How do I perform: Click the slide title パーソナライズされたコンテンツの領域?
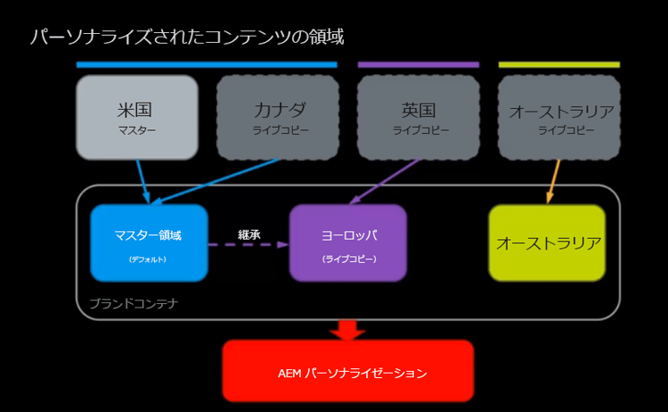[x=187, y=37]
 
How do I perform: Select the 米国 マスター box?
[x=136, y=117]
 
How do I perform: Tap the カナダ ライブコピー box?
[x=277, y=117]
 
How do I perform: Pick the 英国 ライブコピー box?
[x=418, y=117]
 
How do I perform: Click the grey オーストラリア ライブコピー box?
[x=559, y=117]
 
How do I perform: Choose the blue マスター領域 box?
[x=149, y=243]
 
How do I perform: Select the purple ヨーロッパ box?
[x=348, y=243]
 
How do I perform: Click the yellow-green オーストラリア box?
[x=547, y=243]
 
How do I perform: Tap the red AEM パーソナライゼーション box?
[x=347, y=371]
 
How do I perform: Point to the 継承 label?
[x=248, y=234]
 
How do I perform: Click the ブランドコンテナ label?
[x=134, y=303]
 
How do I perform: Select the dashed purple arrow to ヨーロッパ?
[x=248, y=243]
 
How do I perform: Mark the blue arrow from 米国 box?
[x=143, y=181]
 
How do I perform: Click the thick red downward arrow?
[x=347, y=329]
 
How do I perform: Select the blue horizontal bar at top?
[x=207, y=64]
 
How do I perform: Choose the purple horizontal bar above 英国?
[x=418, y=64]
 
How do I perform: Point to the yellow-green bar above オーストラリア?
[x=558, y=64]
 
